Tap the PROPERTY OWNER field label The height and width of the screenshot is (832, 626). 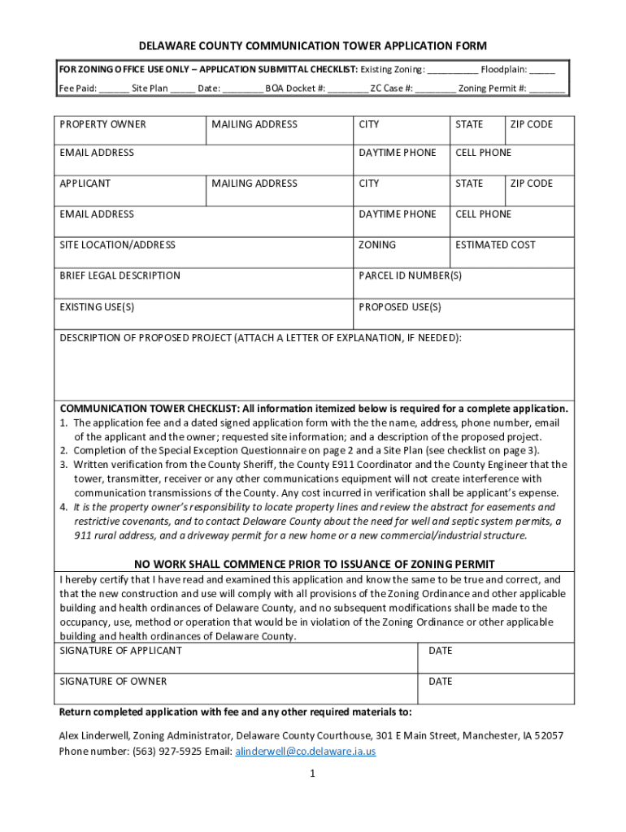tap(102, 124)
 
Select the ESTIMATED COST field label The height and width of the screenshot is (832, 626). tap(495, 245)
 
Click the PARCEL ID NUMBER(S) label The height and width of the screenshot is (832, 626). tap(410, 275)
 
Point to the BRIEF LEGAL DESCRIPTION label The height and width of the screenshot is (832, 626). tap(120, 275)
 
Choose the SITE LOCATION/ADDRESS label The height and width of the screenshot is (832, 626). tap(117, 245)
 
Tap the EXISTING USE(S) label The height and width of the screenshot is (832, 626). tap(97, 306)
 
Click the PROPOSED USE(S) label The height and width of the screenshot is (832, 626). tap(399, 306)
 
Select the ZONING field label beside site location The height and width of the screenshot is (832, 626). tap(377, 245)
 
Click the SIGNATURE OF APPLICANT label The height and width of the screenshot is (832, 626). tap(120, 651)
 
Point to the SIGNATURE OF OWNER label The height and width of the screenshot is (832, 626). tap(113, 681)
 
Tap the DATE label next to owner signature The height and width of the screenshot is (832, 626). tap(440, 681)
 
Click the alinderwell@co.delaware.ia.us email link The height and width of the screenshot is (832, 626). tap(305, 752)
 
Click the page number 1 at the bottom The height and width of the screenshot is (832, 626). tap(312, 774)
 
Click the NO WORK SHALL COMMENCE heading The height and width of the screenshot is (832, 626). tap(314, 564)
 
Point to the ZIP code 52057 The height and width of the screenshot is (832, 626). tap(548, 736)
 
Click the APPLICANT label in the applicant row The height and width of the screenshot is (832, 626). tap(85, 184)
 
